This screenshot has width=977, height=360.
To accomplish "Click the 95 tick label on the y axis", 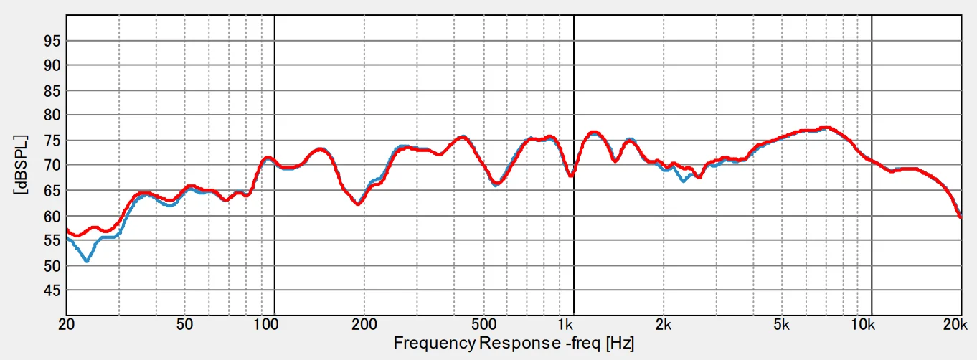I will pyautogui.click(x=51, y=40).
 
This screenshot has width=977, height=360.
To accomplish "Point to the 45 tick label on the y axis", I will pyautogui.click(x=51, y=290).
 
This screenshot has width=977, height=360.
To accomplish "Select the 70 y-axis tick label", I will pyautogui.click(x=51, y=166).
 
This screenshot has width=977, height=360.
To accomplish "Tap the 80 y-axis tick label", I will pyautogui.click(x=51, y=115).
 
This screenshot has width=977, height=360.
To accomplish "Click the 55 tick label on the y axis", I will pyautogui.click(x=51, y=241).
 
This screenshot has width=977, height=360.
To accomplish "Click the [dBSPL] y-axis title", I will pyautogui.click(x=21, y=165).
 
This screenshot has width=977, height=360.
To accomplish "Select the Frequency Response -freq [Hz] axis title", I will pyautogui.click(x=513, y=344).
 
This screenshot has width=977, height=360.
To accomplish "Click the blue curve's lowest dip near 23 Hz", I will pyautogui.click(x=87, y=260).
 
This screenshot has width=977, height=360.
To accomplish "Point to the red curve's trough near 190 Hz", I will pyautogui.click(x=357, y=204).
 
